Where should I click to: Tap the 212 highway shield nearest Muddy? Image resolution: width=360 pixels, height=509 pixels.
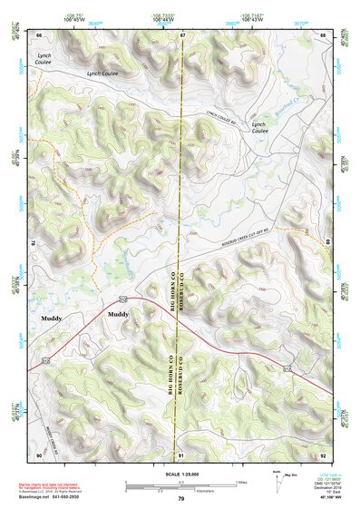coord(122,298)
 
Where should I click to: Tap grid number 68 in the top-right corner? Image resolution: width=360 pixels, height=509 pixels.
coord(323,34)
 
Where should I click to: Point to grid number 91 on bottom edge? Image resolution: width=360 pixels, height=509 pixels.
coord(181,454)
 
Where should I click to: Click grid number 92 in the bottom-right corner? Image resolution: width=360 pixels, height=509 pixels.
coord(323,454)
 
